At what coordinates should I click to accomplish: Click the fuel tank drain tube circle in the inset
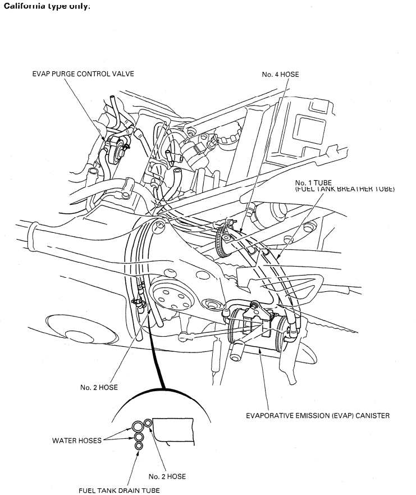(139, 446)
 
